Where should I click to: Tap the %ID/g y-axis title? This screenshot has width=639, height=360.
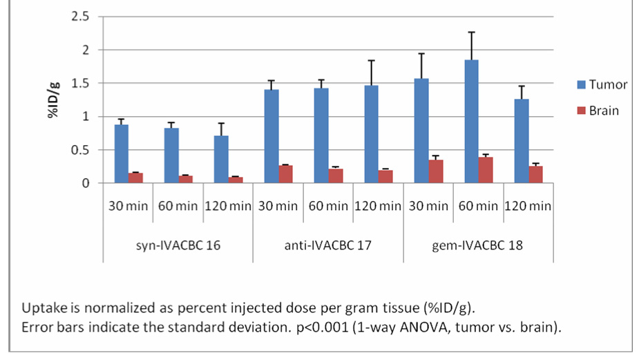(x=54, y=100)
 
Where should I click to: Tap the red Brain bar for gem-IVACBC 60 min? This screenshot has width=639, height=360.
(x=486, y=170)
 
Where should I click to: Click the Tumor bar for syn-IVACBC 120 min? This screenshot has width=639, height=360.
(x=221, y=159)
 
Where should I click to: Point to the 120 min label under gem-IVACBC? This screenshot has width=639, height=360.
(x=528, y=205)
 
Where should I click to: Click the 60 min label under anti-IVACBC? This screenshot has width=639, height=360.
(x=328, y=205)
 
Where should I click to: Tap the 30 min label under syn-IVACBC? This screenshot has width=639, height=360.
(x=128, y=205)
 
